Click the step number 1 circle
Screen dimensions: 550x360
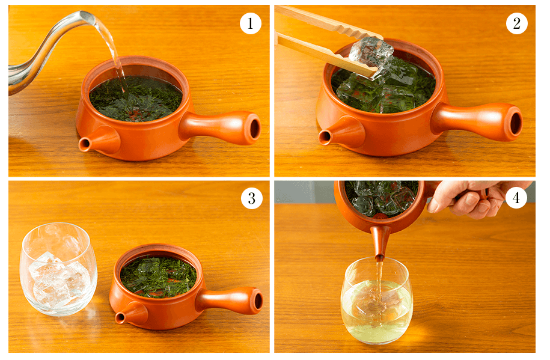(250, 23)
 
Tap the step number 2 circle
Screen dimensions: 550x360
(516, 23)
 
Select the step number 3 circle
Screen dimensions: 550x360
(251, 198)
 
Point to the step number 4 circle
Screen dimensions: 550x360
(516, 198)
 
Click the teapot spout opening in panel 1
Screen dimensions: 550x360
(84, 144)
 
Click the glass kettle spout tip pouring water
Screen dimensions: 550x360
(88, 16)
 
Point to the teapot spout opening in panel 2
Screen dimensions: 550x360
(325, 137)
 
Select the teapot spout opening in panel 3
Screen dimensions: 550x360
(120, 319)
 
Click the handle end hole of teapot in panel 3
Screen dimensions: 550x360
(258, 301)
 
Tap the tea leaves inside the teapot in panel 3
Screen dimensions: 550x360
(158, 276)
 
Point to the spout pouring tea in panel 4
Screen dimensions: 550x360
(380, 242)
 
